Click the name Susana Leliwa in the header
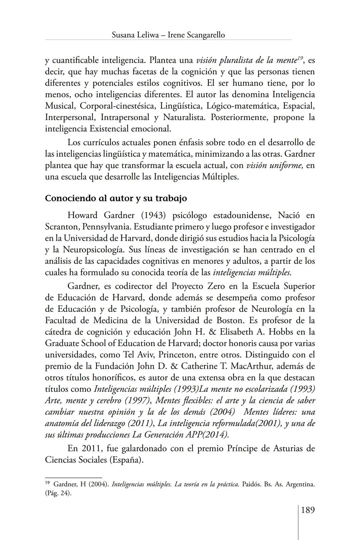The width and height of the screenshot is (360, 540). (135, 35)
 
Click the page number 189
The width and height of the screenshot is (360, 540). (308, 510)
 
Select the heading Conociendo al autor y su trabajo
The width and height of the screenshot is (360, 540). (116, 198)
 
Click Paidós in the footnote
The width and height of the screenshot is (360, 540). (251, 484)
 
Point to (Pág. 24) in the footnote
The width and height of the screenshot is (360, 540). (58, 493)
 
